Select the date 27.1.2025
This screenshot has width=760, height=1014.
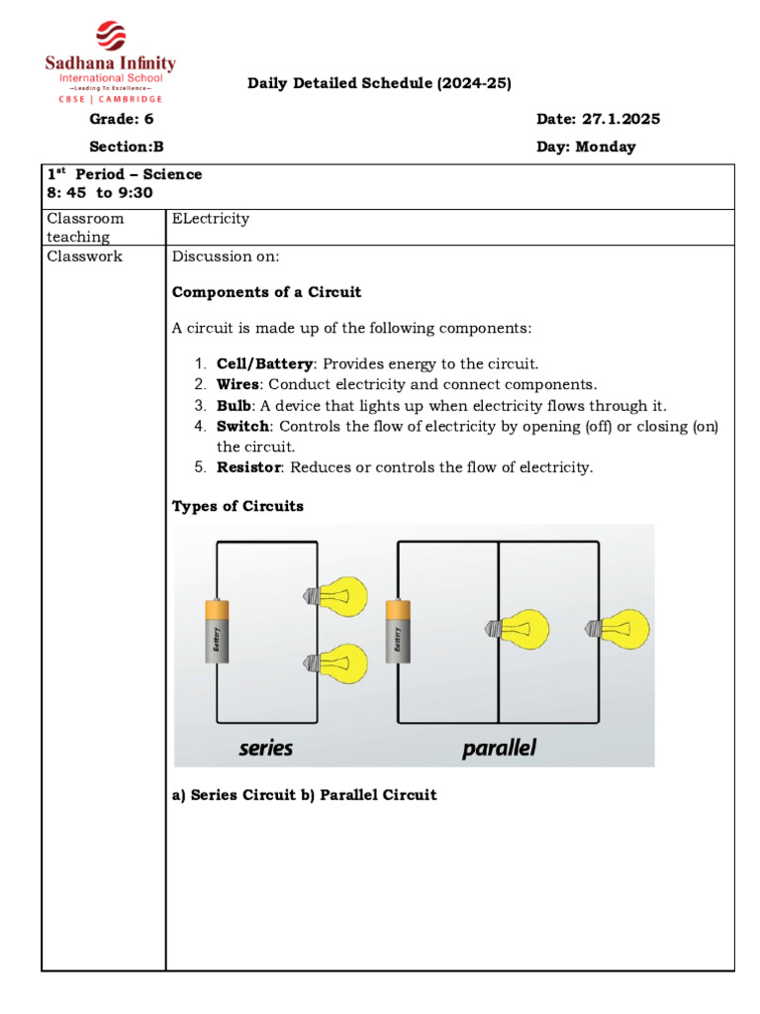click(620, 119)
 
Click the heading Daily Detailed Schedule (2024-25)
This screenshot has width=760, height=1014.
click(379, 84)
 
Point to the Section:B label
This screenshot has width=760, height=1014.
click(126, 147)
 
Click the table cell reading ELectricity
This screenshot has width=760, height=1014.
click(211, 218)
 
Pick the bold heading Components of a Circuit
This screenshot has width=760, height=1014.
click(266, 292)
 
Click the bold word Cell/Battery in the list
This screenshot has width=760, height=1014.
click(264, 363)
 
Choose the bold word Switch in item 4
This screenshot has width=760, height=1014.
click(242, 426)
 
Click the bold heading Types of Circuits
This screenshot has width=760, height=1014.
click(237, 506)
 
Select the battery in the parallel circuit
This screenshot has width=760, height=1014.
click(398, 637)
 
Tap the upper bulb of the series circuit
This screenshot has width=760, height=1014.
click(335, 596)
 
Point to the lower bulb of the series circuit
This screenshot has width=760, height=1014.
click(335, 660)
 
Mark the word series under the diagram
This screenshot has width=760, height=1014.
click(265, 748)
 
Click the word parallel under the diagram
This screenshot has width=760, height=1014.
click(499, 748)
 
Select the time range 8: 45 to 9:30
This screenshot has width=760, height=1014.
click(99, 193)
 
